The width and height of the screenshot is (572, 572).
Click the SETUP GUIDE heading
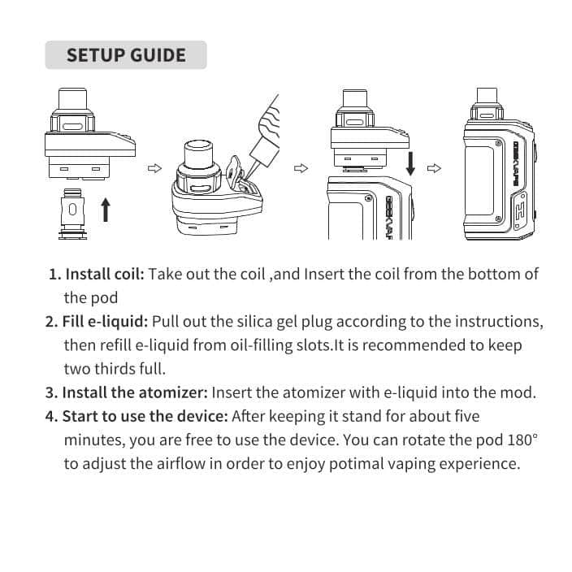tap(126, 55)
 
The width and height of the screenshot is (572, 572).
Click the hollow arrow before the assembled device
tap(434, 168)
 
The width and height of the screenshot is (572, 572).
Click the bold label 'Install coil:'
tap(97, 274)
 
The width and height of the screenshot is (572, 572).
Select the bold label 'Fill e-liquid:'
tap(97, 321)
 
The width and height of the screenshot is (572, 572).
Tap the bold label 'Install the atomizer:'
tap(127, 392)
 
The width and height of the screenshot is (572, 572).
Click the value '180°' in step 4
tap(521, 440)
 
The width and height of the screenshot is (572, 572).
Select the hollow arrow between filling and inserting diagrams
tap(301, 168)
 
